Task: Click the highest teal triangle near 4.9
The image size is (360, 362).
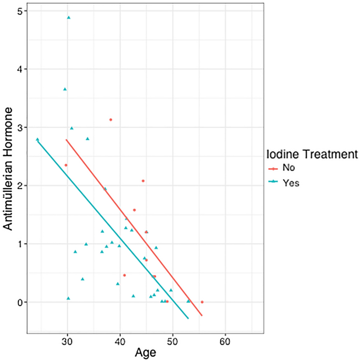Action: coord(68,17)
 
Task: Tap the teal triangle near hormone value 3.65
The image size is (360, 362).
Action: coord(65,89)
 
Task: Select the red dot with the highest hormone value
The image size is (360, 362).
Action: coord(110,120)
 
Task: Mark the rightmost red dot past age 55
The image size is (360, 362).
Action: coord(202,302)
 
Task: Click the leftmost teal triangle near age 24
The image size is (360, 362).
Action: coord(37,139)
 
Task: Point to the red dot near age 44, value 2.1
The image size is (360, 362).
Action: coord(143,181)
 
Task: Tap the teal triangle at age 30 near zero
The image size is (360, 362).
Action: coord(68,298)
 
